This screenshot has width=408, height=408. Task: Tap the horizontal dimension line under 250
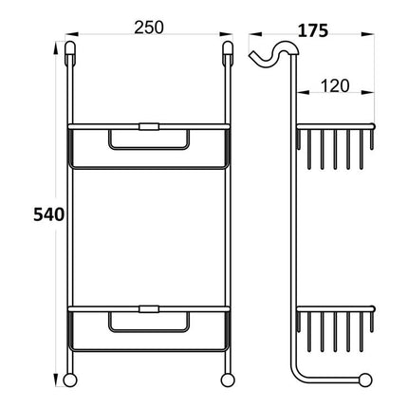(x=149, y=41)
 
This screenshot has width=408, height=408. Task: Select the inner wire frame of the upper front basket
(x=149, y=141)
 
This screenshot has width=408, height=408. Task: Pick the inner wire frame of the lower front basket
(x=149, y=325)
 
